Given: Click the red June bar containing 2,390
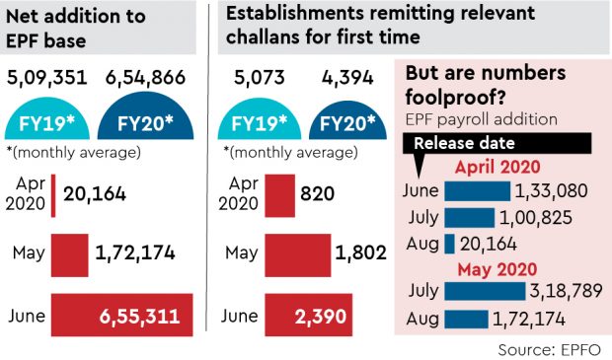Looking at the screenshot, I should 300,316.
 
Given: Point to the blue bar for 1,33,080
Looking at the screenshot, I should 478,189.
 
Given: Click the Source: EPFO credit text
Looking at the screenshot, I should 550,349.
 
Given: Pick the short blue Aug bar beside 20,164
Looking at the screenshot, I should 449,242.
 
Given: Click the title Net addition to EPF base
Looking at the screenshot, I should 74,29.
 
